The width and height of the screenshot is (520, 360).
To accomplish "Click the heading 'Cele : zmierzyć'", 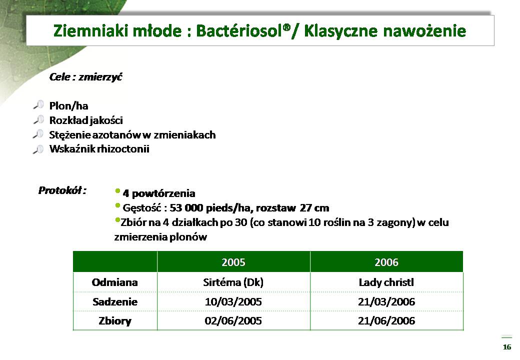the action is pyautogui.click(x=85, y=77).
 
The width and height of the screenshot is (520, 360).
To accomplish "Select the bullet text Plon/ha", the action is pyautogui.click(x=68, y=105).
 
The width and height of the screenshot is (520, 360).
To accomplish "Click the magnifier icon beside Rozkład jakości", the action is pyautogui.click(x=39, y=119).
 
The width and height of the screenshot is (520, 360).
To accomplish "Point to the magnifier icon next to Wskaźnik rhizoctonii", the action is pyautogui.click(x=39, y=149).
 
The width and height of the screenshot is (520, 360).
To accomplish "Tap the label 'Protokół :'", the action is pyautogui.click(x=62, y=190).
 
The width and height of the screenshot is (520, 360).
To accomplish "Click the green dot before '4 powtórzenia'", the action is pyautogui.click(x=117, y=191).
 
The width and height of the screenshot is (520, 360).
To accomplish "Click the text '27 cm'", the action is pyautogui.click(x=314, y=208).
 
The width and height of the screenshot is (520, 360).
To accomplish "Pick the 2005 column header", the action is pyautogui.click(x=233, y=262).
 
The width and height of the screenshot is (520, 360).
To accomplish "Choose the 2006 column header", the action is pyautogui.click(x=386, y=262).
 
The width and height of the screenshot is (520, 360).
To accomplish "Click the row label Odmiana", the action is pyautogui.click(x=114, y=282).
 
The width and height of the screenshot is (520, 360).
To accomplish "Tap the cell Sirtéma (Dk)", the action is pyautogui.click(x=233, y=282).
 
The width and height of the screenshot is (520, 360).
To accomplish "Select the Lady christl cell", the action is pyautogui.click(x=386, y=282).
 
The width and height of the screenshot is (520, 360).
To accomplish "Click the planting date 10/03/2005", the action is pyautogui.click(x=233, y=301).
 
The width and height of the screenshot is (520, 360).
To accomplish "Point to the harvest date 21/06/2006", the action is pyautogui.click(x=386, y=320).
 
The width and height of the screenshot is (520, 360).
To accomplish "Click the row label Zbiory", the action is pyautogui.click(x=114, y=321).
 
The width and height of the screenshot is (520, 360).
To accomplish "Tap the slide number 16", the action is pyautogui.click(x=506, y=347).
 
